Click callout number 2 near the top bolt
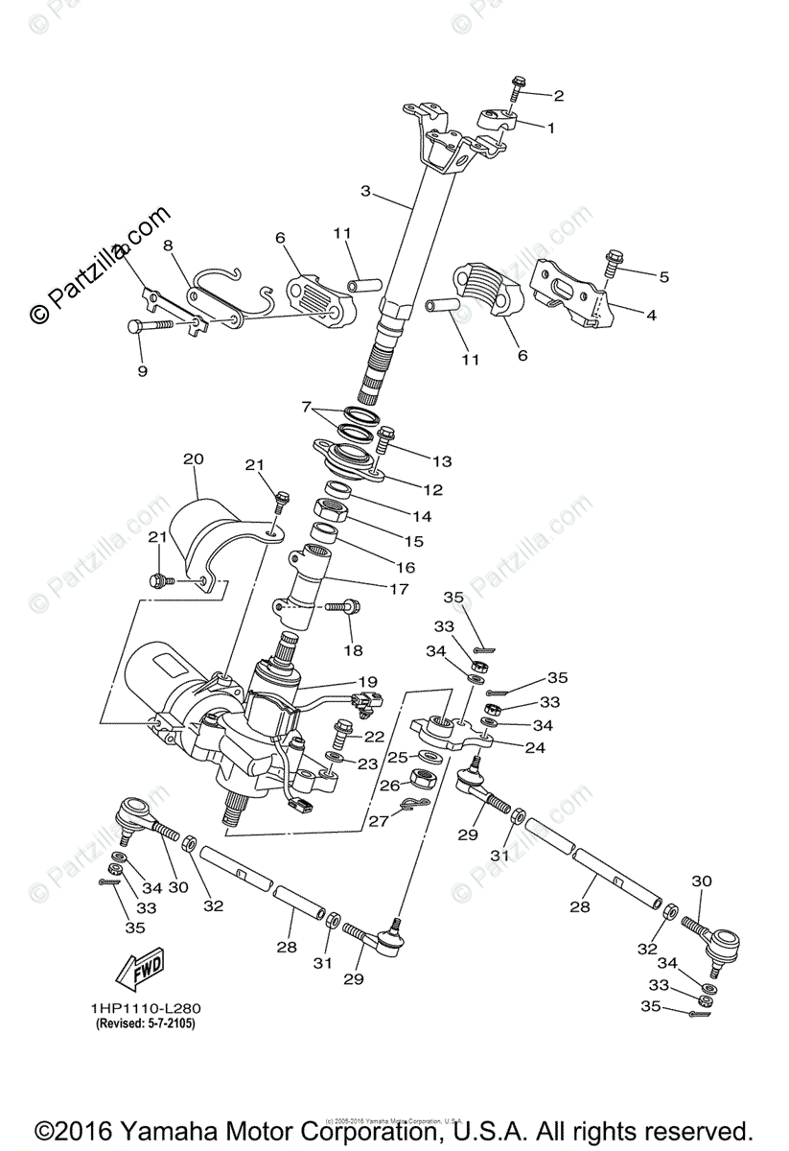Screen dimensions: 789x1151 [558, 96]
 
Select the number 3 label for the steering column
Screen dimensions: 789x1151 [365, 191]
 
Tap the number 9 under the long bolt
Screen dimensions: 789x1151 [142, 370]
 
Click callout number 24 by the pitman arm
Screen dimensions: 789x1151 [534, 748]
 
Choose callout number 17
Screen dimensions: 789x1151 [399, 589]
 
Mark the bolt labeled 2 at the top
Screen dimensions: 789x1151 [516, 85]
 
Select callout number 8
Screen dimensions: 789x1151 [169, 246]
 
